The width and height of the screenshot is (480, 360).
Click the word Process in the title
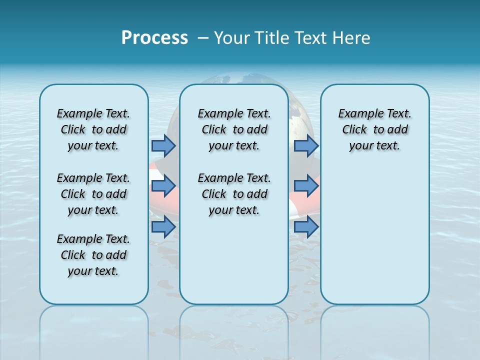pyautogui.click(x=154, y=38)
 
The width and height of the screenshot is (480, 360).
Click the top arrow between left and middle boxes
pyautogui.click(x=163, y=145)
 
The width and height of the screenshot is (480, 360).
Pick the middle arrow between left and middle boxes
pyautogui.click(x=163, y=186)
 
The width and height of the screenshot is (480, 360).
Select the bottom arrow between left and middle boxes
pyautogui.click(x=163, y=227)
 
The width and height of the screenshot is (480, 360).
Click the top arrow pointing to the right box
pyautogui.click(x=306, y=145)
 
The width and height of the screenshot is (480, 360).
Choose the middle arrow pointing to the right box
pyautogui.click(x=306, y=186)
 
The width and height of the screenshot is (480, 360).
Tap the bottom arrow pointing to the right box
pyautogui.click(x=306, y=227)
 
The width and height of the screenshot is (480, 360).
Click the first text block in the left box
pyautogui.click(x=93, y=129)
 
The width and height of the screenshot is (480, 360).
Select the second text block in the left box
pyautogui.click(x=93, y=194)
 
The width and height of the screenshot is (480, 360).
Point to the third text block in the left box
pyautogui.click(x=93, y=255)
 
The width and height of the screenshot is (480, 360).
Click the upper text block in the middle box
pyautogui.click(x=234, y=129)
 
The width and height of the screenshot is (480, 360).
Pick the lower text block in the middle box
pyautogui.click(x=234, y=194)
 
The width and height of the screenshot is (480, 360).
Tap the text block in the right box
pyautogui.click(x=374, y=129)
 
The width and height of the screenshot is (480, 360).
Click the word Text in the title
pyautogui.click(x=312, y=38)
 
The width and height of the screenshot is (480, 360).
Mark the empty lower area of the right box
pyautogui.click(x=374, y=235)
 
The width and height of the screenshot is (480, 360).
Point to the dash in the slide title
pyautogui.click(x=203, y=38)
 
